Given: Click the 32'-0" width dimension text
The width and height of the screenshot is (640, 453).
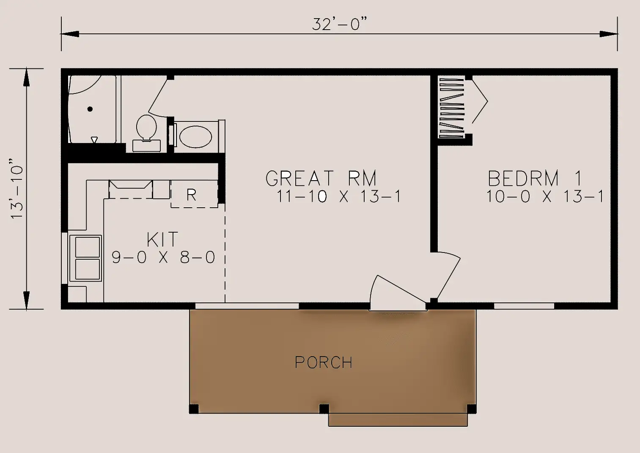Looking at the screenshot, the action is pyautogui.click(x=339, y=24).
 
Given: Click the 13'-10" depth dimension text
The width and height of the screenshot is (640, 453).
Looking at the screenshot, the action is pyautogui.click(x=17, y=189).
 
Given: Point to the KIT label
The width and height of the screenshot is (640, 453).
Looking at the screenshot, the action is pyautogui.click(x=162, y=239).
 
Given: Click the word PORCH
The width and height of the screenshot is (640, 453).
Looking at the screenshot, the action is pyautogui.click(x=324, y=362).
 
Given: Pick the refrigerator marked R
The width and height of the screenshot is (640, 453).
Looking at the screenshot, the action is pyautogui.click(x=194, y=194).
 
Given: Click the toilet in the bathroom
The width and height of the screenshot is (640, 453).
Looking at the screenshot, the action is pyautogui.click(x=147, y=133).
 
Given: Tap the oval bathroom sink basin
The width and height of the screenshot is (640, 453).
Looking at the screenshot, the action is pyautogui.click(x=195, y=137).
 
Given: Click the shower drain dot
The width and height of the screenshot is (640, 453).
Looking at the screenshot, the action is pyautogui.click(x=90, y=109).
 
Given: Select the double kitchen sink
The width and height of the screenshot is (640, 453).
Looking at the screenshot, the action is pyautogui.click(x=85, y=258).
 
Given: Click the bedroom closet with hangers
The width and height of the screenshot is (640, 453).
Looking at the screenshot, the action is pyautogui.click(x=451, y=108).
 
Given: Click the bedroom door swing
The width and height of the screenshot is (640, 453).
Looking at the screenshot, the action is pyautogui.click(x=448, y=276).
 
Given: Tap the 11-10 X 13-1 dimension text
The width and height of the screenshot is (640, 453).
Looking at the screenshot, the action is pyautogui.click(x=339, y=197).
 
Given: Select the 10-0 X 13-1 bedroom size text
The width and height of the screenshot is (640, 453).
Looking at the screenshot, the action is pyautogui.click(x=545, y=197).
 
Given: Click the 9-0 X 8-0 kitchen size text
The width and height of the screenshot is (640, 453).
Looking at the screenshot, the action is pyautogui.click(x=163, y=257).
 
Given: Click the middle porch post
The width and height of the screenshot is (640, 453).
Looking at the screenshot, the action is pyautogui.click(x=324, y=409).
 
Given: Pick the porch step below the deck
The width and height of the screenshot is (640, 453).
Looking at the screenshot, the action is pyautogui.click(x=398, y=420).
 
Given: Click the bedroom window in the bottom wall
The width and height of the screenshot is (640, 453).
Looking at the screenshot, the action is pyautogui.click(x=524, y=306).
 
